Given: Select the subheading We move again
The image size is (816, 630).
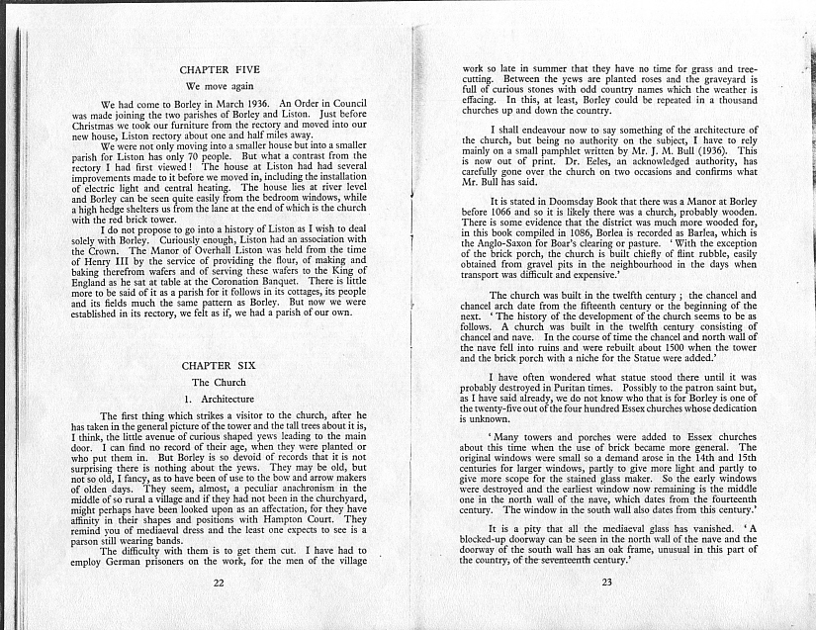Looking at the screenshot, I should click(x=219, y=87).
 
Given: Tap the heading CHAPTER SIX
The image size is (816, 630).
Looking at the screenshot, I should click(x=219, y=366).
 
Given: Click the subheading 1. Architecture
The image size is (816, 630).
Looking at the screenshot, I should click(x=220, y=399).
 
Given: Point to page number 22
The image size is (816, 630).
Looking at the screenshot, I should click(x=219, y=583).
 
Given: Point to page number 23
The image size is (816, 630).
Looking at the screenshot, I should click(x=606, y=583).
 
